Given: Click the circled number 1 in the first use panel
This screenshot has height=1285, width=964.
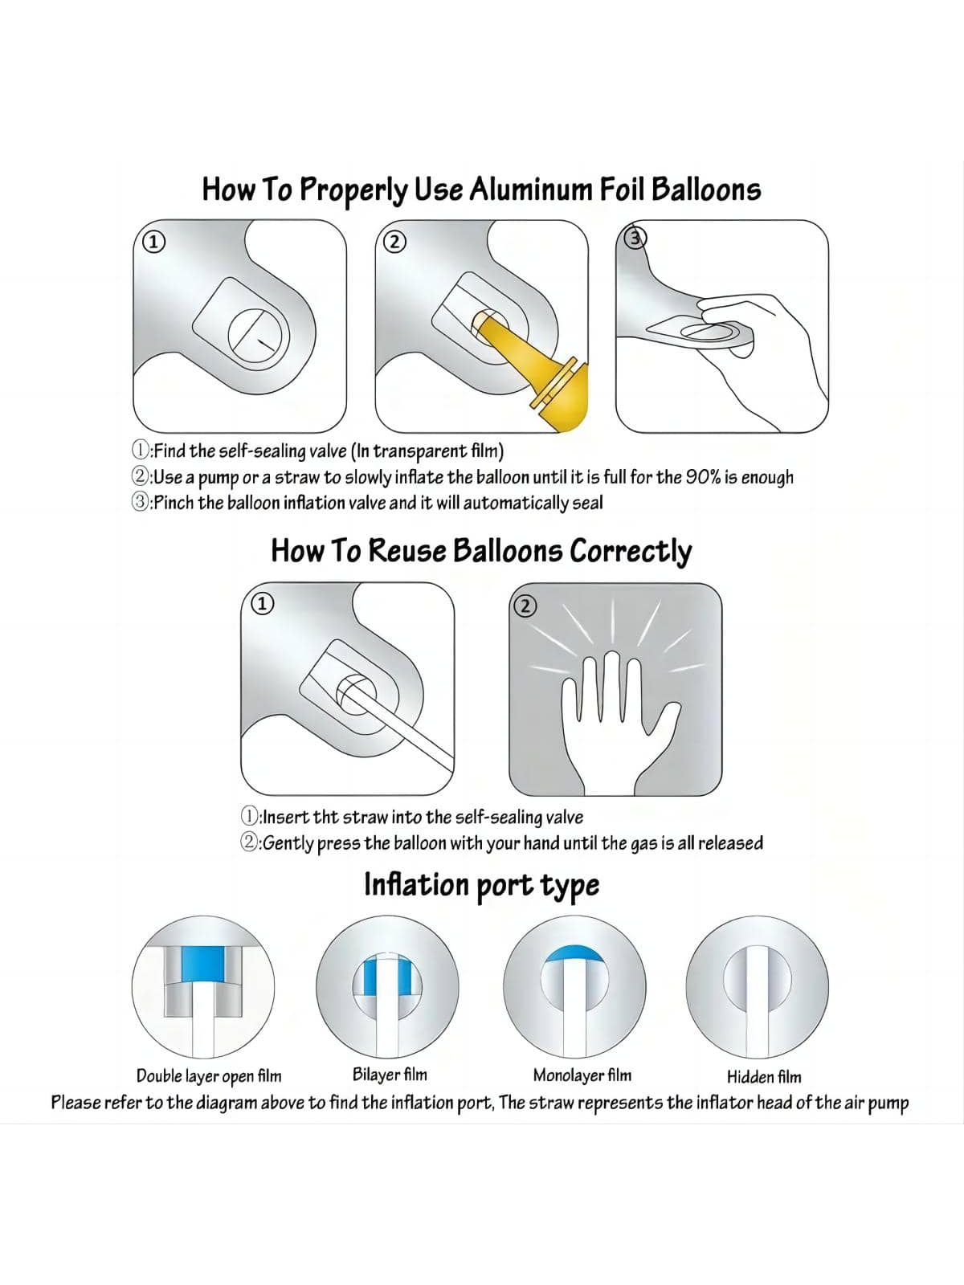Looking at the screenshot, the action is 154,242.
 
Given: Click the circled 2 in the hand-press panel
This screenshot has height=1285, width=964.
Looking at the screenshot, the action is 525,606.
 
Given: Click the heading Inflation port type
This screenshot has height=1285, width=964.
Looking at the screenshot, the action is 482,884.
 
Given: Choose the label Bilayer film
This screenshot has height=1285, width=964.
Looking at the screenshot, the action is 390,1075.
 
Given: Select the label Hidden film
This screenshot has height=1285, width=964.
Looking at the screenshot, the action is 764,1077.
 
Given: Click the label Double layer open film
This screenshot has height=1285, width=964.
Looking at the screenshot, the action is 209,1076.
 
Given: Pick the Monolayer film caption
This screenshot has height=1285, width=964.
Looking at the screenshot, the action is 582,1075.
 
